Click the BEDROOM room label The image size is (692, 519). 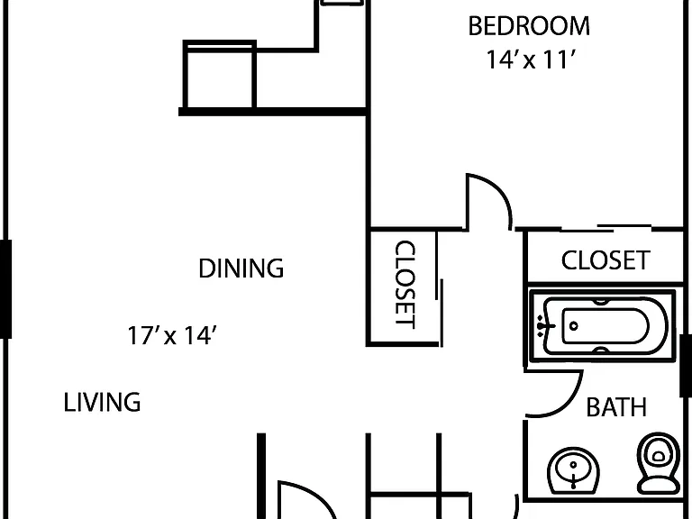529,26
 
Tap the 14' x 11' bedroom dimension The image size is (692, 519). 531,59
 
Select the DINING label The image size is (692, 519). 241,269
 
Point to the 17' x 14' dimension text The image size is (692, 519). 172,335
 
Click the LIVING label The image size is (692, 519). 102,403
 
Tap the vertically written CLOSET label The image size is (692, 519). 405,284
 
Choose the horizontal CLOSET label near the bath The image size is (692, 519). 605,259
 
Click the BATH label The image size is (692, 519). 616,407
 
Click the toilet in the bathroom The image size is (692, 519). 659,462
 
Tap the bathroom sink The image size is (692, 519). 573,471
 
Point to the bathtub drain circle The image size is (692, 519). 574,326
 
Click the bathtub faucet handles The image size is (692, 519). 544,326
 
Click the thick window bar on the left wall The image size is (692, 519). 5,289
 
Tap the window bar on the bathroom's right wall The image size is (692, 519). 686,366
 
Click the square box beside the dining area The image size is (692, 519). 220,74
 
